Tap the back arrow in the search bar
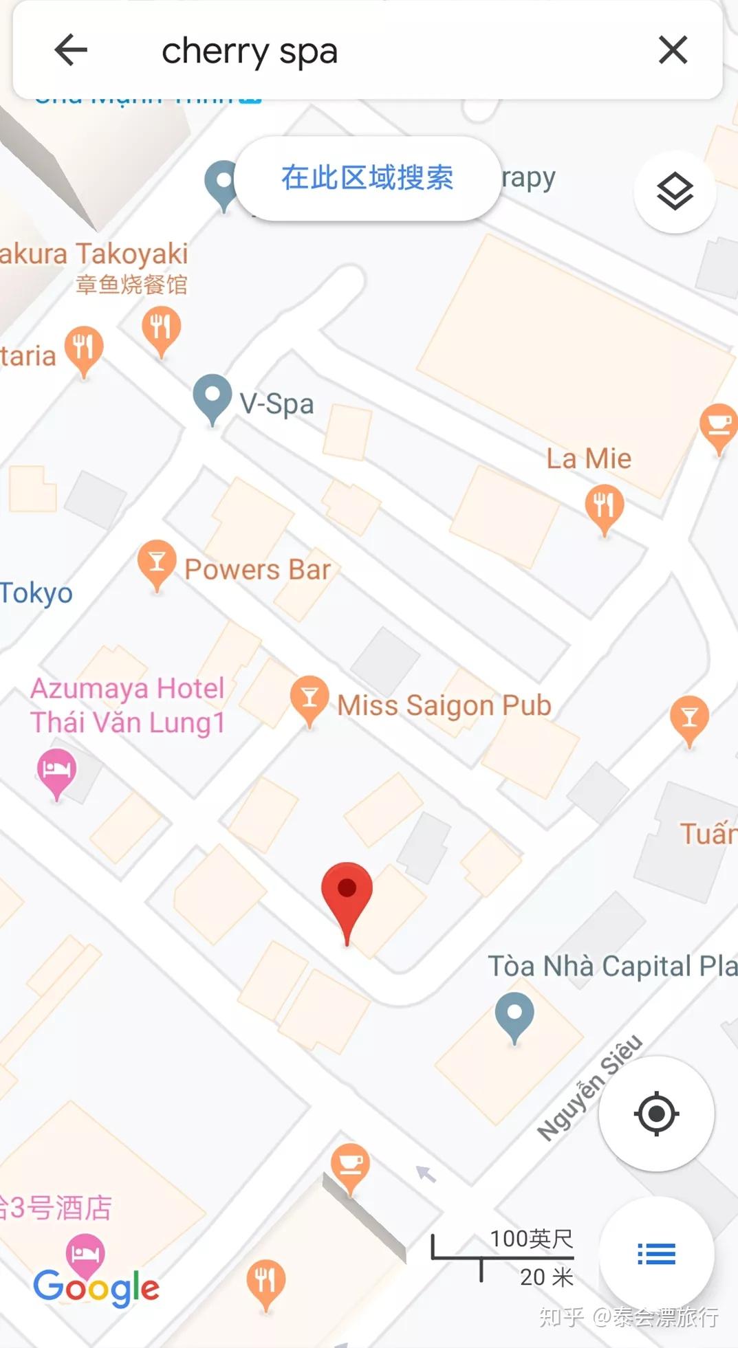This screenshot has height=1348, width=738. [71, 50]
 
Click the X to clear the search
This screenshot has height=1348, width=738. [673, 50]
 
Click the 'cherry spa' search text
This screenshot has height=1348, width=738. [250, 52]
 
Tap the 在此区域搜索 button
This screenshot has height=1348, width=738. [367, 178]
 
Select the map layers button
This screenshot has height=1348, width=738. [675, 192]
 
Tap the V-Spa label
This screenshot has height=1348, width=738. [276, 404]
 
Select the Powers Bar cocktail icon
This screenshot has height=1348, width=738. [157, 562]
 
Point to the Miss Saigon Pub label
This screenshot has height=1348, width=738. [444, 705]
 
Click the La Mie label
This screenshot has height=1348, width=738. [589, 458]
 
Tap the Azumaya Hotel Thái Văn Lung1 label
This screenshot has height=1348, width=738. [128, 705]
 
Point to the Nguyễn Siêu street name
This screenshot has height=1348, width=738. [590, 1087]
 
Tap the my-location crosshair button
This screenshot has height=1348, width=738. [656, 1113]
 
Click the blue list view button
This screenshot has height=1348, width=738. [656, 1255]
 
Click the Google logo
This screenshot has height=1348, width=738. [96, 1288]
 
